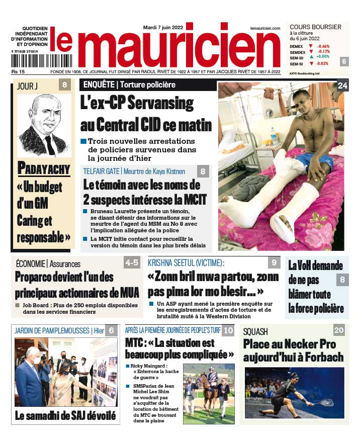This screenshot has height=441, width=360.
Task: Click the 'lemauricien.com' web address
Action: pos(264,29)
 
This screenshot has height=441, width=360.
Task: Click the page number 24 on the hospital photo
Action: pos(342,86)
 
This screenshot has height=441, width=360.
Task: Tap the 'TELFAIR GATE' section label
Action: pos(101,171)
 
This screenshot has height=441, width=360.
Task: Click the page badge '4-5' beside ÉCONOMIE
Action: pos(132,262)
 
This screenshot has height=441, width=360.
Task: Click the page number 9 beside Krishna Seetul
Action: pos(274,262)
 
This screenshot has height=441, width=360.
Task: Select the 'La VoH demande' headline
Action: pos(315,265)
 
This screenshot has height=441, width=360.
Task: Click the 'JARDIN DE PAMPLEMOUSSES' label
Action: pos(52,331)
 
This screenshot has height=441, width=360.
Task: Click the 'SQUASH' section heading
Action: pos(255,331)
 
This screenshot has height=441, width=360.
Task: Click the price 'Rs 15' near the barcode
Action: pos(19,72)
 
